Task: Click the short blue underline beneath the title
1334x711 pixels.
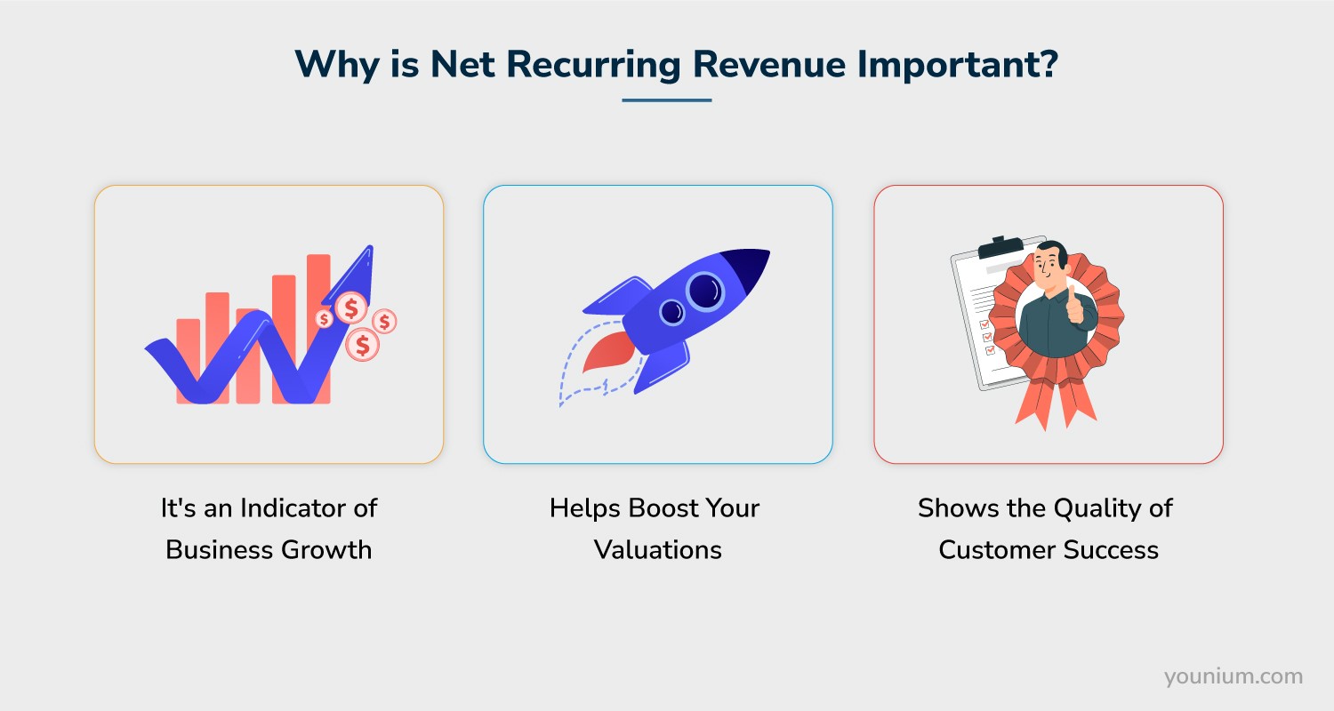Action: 667,100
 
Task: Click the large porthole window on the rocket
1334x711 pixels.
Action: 705,290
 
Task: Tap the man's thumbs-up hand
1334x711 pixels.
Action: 1076,307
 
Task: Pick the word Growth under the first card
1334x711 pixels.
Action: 326,550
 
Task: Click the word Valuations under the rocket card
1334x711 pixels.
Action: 658,550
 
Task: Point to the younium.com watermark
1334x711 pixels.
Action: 1234,676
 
